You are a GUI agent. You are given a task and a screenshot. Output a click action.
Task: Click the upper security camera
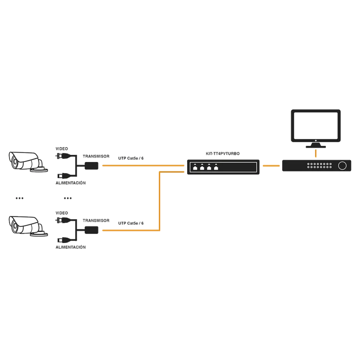(x=28, y=162)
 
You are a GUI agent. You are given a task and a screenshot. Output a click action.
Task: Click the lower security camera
(x=28, y=226)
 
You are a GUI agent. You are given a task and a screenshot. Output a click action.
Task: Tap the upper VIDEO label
(x=62, y=149)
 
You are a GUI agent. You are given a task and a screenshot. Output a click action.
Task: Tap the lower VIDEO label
(x=62, y=213)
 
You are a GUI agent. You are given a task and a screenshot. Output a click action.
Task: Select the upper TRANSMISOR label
(x=96, y=156)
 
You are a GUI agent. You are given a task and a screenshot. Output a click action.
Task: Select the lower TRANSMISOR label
(x=96, y=220)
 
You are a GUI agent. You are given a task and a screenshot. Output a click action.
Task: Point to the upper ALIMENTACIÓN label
(x=71, y=183)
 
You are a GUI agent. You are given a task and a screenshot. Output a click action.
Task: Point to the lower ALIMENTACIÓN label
(x=71, y=247)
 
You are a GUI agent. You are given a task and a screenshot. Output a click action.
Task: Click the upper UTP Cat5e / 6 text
(x=131, y=158)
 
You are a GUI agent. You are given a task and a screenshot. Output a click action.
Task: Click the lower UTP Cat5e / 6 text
(x=131, y=223)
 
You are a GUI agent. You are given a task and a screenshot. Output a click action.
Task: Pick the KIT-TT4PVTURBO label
(x=223, y=153)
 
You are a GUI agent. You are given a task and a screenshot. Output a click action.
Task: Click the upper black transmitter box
(x=92, y=166)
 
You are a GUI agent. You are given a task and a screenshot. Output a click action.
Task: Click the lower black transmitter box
(x=92, y=230)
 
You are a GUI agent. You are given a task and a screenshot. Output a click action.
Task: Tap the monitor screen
(x=316, y=126)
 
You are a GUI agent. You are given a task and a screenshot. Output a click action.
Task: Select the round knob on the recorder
(x=342, y=166)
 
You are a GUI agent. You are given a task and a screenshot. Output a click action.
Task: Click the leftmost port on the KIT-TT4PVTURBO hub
(x=195, y=167)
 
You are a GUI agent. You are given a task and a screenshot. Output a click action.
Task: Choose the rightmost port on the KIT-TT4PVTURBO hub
(x=216, y=167)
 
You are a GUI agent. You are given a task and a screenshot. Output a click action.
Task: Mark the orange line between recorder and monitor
(x=316, y=153)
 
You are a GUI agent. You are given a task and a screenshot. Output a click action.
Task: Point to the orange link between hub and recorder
(x=271, y=166)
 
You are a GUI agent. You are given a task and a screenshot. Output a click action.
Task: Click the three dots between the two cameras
(x=19, y=198)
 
